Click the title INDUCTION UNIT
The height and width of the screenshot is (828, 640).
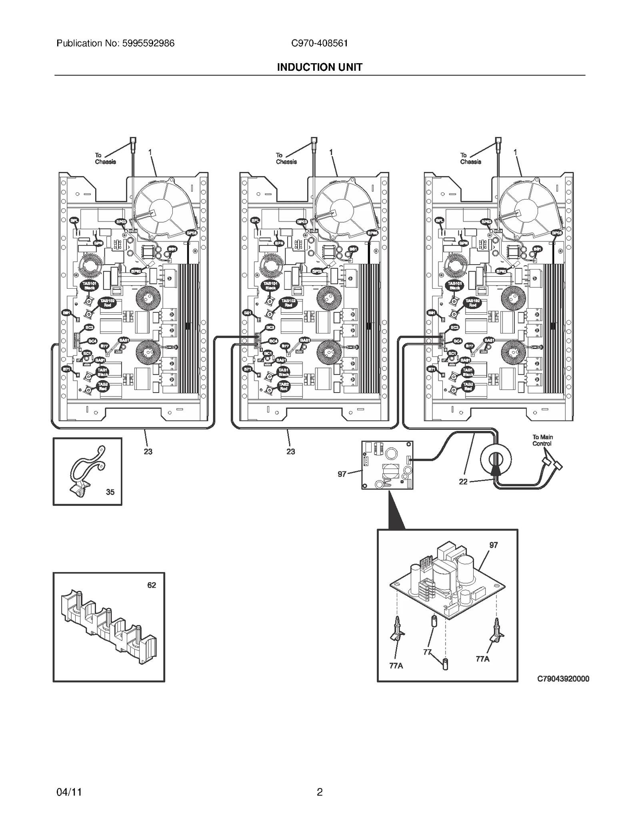point(320,67)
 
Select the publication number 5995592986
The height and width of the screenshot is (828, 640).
point(147,43)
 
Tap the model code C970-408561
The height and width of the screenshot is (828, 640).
point(320,43)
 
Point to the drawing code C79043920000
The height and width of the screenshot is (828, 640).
point(563,678)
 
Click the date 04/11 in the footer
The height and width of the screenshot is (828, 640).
point(69,792)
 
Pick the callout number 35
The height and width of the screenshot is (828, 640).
point(110,492)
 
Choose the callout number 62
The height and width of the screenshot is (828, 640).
point(152,585)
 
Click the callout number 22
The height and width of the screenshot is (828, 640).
point(463,482)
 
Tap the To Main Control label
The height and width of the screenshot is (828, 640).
point(542,440)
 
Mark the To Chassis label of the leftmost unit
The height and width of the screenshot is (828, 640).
point(105,158)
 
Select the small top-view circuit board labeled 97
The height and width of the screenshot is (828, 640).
point(387,465)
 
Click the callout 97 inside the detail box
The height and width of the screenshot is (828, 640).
point(494,545)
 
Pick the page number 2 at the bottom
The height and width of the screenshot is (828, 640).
point(320,792)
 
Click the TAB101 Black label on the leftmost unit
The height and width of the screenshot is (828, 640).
point(89,285)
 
